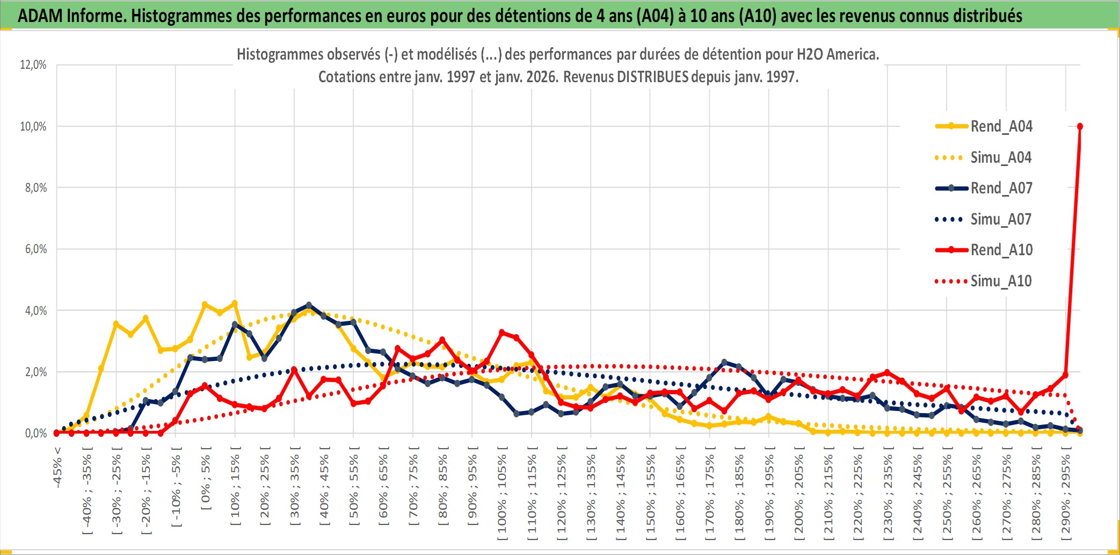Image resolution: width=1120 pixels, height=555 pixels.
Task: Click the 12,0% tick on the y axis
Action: pyautogui.click(x=33, y=65)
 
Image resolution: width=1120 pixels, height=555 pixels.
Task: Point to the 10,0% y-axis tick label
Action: pyautogui.click(x=33, y=126)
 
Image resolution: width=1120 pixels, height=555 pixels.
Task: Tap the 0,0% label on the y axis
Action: pyautogui.click(x=35, y=433)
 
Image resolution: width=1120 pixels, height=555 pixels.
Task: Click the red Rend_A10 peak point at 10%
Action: pyautogui.click(x=1080, y=126)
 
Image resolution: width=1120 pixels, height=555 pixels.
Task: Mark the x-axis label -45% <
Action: pyautogui.click(x=57, y=467)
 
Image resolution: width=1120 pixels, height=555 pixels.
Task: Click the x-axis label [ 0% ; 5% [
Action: pyautogui.click(x=206, y=478)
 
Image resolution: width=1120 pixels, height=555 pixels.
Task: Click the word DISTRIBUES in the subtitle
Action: pyautogui.click(x=652, y=77)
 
